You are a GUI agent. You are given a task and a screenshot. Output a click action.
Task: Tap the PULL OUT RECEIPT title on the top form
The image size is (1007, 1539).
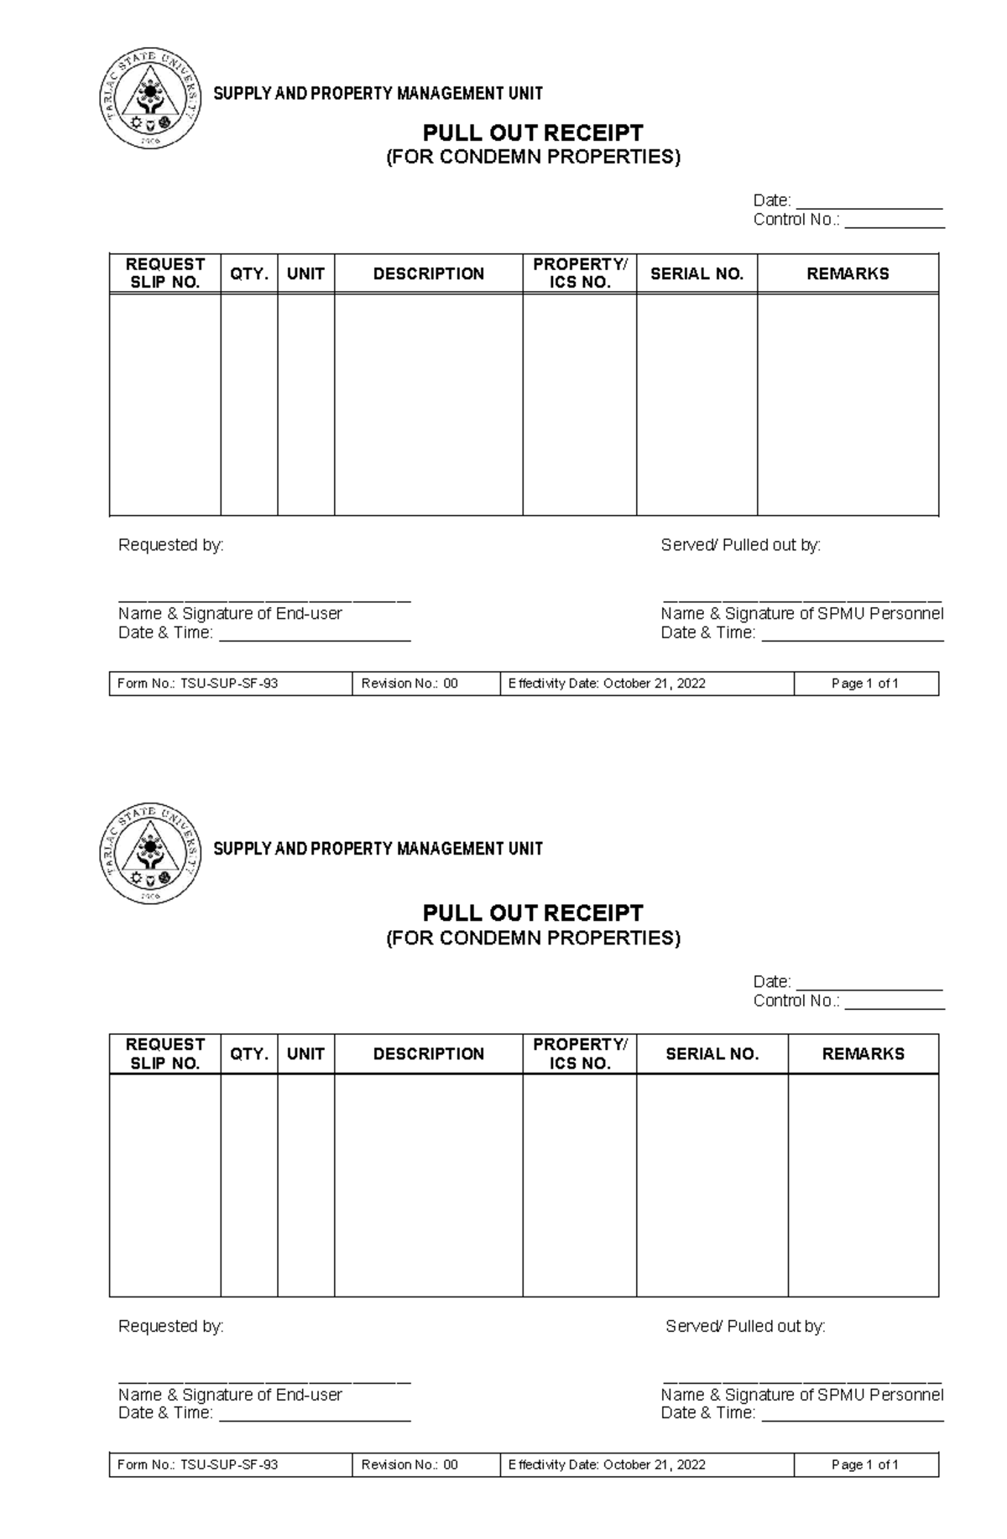[533, 133]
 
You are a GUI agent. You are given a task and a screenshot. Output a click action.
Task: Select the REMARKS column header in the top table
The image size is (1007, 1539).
[848, 273]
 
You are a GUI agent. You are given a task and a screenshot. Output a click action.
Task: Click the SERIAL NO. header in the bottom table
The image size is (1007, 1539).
[712, 1054]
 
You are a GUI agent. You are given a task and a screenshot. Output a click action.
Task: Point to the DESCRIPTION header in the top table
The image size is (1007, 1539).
[428, 273]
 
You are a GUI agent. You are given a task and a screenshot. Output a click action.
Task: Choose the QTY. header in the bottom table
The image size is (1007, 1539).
[249, 1054]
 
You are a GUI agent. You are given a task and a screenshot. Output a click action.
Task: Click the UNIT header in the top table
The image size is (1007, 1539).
[305, 273]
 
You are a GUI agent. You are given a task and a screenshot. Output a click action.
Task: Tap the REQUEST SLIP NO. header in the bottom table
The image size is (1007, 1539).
[164, 1054]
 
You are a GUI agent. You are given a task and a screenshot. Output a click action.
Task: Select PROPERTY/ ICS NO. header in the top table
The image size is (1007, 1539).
[579, 273]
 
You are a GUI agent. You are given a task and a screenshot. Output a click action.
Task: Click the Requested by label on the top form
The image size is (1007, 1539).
[171, 545]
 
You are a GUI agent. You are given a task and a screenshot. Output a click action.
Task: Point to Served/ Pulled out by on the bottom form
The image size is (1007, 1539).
[745, 1326]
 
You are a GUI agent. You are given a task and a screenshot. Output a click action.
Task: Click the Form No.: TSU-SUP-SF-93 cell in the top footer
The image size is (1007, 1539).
[198, 684]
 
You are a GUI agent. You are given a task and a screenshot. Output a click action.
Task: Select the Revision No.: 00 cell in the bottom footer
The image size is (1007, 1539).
[410, 1464]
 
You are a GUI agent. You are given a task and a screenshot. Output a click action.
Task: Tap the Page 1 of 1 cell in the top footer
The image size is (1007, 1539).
[865, 684]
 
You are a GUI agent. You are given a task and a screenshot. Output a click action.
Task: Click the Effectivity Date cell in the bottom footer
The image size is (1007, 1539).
[607, 1464]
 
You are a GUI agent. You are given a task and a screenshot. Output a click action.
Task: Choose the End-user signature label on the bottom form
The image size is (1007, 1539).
[230, 1395]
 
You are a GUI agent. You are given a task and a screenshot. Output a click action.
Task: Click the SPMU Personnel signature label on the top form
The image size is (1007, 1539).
[801, 614]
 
